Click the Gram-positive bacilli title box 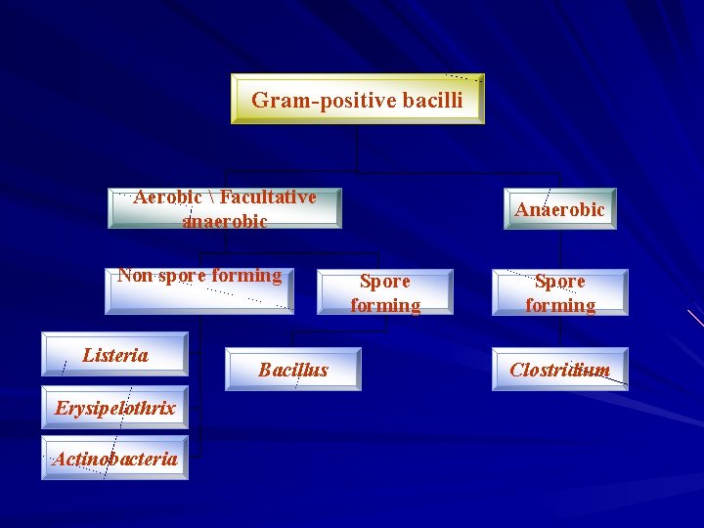[357, 99]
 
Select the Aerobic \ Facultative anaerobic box [225, 208]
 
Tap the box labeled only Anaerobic [559, 209]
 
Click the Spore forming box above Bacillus [385, 292]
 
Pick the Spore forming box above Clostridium [559, 292]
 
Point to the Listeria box [115, 355]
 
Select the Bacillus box [292, 369]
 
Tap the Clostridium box [559, 369]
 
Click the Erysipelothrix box [115, 408]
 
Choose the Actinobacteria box [115, 458]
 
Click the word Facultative [268, 198]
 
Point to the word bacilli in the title [425, 100]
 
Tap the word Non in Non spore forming [135, 276]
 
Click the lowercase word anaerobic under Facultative [225, 221]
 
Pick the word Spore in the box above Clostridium [559, 282]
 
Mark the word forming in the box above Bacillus [385, 305]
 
